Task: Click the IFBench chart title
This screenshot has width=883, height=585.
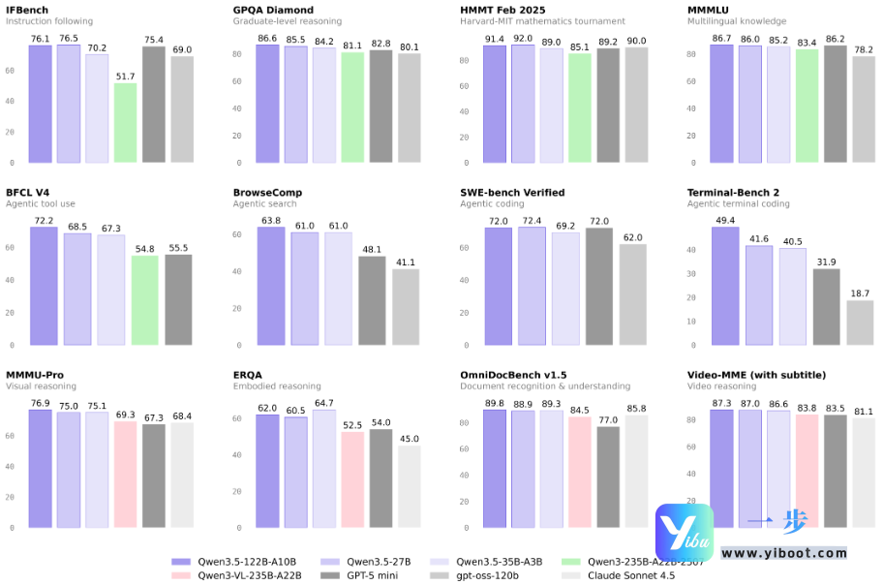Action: coord(27,10)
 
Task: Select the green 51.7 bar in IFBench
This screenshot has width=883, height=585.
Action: coord(126,123)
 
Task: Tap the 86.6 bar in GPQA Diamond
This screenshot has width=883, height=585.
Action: coord(267,104)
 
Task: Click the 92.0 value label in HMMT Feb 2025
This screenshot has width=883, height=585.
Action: coord(523,38)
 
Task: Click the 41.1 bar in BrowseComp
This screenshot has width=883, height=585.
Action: coord(406,307)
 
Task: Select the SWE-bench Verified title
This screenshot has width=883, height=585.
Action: coord(512,193)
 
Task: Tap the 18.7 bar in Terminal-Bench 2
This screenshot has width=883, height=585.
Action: coord(860,323)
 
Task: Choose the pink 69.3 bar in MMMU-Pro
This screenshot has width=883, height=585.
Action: coord(126,475)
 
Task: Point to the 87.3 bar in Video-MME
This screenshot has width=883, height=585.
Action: coord(721,469)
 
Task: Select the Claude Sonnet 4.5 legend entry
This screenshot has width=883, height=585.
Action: coord(636,575)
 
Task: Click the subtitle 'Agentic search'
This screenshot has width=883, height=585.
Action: coord(266,204)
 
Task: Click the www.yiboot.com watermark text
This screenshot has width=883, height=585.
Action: coord(784,553)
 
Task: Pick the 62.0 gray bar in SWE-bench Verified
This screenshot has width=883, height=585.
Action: coord(632,294)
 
